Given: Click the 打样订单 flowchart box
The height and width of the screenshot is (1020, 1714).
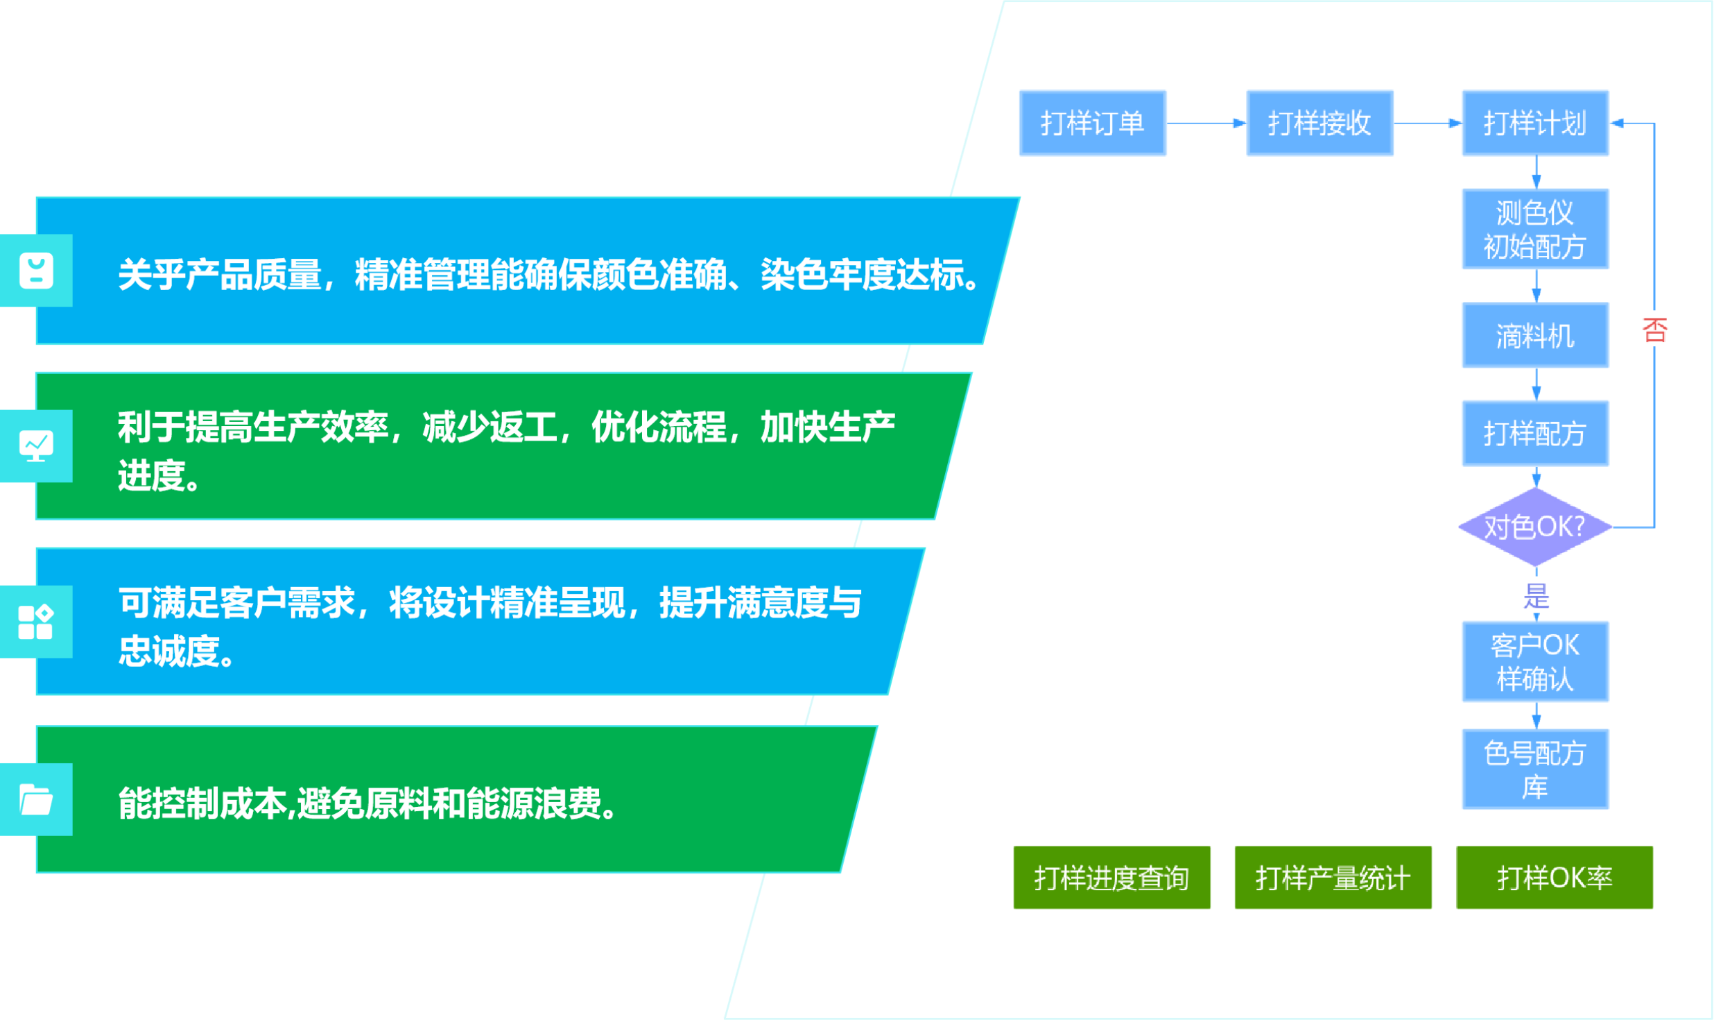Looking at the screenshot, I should [x=1092, y=123].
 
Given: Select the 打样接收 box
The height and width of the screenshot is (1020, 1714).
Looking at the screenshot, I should [x=1319, y=123].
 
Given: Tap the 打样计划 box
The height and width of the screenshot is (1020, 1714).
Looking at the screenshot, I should [x=1535, y=123].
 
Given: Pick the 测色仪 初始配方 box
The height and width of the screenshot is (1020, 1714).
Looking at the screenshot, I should [x=1535, y=229].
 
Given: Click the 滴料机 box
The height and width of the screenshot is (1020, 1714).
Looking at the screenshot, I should [x=1535, y=335].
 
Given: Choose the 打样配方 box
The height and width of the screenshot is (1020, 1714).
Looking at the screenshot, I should [x=1535, y=433].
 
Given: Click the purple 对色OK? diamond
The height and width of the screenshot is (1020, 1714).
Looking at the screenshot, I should [x=1535, y=527].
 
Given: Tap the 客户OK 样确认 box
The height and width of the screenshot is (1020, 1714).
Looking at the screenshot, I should [x=1535, y=662].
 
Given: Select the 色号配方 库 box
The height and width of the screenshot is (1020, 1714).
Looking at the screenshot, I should [x=1535, y=769].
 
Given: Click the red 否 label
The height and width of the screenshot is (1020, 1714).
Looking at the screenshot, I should [x=1655, y=330].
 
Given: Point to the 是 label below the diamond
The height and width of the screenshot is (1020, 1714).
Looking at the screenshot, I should [x=1536, y=595].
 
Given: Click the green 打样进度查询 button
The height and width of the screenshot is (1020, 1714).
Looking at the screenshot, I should [x=1111, y=877].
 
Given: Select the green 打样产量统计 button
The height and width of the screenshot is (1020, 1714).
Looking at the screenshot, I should [x=1333, y=877].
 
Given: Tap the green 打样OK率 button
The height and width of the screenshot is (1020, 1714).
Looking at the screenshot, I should [x=1555, y=877].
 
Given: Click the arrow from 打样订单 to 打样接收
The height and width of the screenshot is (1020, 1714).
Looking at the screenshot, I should [x=1206, y=124].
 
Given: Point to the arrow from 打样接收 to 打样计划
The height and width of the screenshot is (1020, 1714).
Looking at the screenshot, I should [x=1428, y=124].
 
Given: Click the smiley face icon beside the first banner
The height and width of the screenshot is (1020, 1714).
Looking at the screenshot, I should [x=36, y=271].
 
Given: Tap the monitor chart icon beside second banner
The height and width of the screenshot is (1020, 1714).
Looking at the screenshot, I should [x=36, y=446].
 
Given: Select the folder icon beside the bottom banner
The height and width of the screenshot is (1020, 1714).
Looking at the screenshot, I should [x=36, y=799].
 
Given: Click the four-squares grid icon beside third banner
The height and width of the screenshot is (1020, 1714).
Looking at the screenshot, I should [x=36, y=622].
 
